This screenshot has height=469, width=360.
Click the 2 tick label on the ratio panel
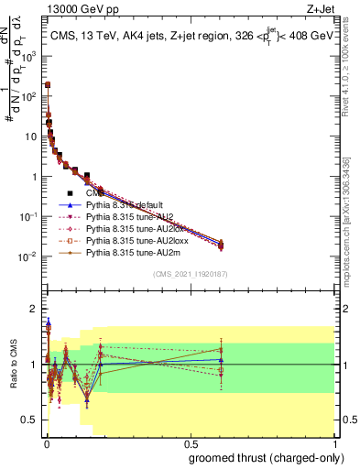34,308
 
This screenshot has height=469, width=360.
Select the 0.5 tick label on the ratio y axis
30,420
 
